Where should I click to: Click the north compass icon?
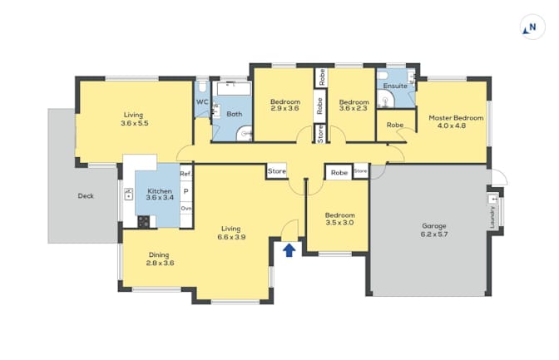click(x=532, y=27)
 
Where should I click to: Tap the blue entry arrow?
click(x=289, y=250)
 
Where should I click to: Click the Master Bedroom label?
click(x=456, y=117)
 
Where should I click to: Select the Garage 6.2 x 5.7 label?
click(x=434, y=230)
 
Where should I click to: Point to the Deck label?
click(x=86, y=195)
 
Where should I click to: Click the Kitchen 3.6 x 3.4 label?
click(x=160, y=195)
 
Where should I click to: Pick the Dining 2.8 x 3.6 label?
click(x=160, y=259)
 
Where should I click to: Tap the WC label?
click(x=202, y=102)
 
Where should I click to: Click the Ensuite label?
click(x=395, y=86)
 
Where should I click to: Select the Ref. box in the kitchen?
click(x=186, y=174)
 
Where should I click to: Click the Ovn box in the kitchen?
click(x=186, y=208)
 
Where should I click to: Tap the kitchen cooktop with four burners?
click(x=144, y=222)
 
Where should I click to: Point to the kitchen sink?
click(x=128, y=195)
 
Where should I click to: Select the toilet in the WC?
click(x=203, y=87)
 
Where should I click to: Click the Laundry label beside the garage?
click(x=492, y=217)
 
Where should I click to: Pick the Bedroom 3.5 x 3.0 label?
click(x=339, y=219)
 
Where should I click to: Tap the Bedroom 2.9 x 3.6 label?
click(x=284, y=105)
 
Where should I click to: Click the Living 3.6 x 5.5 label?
click(x=134, y=119)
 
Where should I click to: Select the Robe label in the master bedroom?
click(x=395, y=125)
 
